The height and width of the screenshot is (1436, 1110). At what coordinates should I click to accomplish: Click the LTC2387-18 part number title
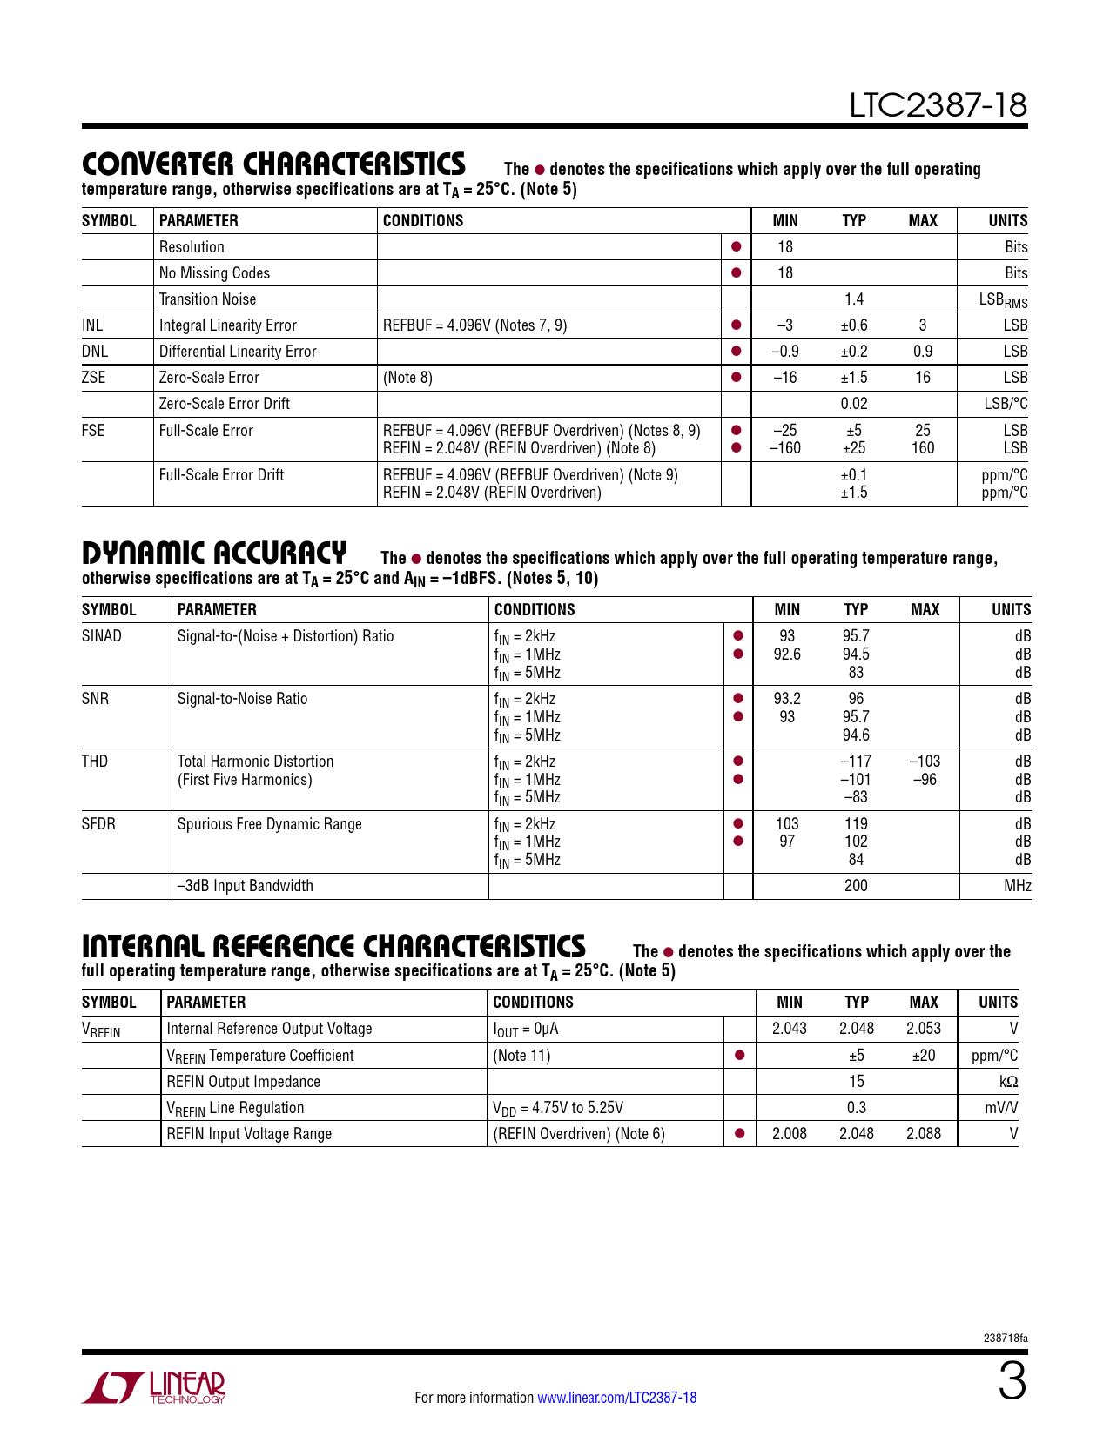(938, 105)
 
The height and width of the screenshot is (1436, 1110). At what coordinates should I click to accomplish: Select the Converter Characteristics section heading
(273, 164)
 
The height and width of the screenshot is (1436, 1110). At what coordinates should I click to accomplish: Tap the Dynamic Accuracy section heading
(214, 553)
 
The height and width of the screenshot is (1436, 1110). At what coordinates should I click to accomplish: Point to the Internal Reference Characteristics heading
(333, 946)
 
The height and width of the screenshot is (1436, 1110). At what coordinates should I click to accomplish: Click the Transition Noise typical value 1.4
(853, 299)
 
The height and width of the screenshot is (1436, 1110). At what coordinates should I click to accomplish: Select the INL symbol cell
(92, 325)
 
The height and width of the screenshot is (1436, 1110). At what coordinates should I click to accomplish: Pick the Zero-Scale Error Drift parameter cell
(224, 404)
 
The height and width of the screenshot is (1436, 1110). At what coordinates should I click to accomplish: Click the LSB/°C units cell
(1006, 404)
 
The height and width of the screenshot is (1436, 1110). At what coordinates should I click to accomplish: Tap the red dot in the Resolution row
(736, 247)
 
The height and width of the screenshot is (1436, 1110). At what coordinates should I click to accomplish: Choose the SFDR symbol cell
(98, 824)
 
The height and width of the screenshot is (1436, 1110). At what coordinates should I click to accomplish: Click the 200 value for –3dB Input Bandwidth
(856, 886)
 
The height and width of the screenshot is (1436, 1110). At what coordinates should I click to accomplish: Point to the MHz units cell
(1017, 886)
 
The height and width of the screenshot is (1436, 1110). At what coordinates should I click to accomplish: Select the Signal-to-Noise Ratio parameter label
(242, 699)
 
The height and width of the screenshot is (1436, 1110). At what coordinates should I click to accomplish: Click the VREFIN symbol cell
(101, 1030)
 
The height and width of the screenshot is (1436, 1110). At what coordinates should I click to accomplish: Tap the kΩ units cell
(1008, 1082)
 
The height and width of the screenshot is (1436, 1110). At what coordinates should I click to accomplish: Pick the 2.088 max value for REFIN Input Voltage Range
(923, 1134)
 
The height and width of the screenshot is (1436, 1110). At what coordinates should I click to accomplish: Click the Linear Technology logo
(153, 1387)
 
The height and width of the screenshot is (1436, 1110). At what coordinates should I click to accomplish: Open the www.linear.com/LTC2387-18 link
(616, 1398)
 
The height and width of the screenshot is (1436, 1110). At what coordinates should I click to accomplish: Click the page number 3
(1012, 1383)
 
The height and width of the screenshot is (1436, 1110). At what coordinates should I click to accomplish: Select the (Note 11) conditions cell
(521, 1056)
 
